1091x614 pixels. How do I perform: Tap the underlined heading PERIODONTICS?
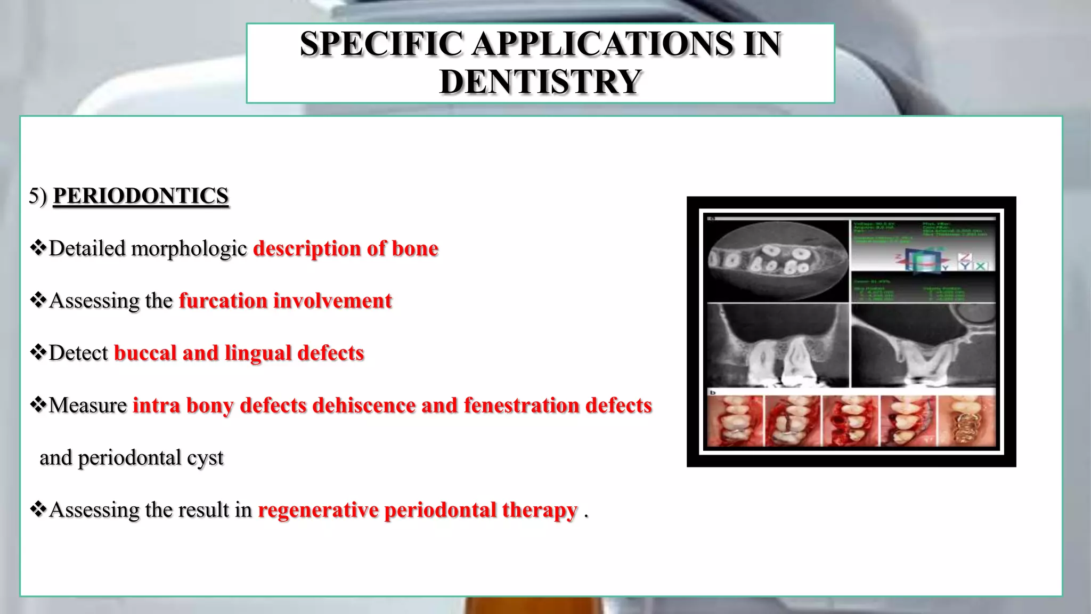click(x=141, y=196)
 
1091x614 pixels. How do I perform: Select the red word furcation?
click(x=223, y=301)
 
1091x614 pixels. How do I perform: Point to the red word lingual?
click(x=257, y=353)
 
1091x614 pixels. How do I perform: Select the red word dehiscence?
click(x=363, y=405)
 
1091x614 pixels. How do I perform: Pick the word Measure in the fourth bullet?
click(x=88, y=405)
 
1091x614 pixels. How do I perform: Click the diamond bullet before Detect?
click(x=38, y=352)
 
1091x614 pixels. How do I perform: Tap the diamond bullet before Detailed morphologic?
click(x=38, y=247)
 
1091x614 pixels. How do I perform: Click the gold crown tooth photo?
click(x=966, y=421)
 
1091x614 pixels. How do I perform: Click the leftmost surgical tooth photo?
click(x=735, y=421)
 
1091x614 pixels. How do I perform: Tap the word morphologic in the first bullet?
click(x=189, y=248)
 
